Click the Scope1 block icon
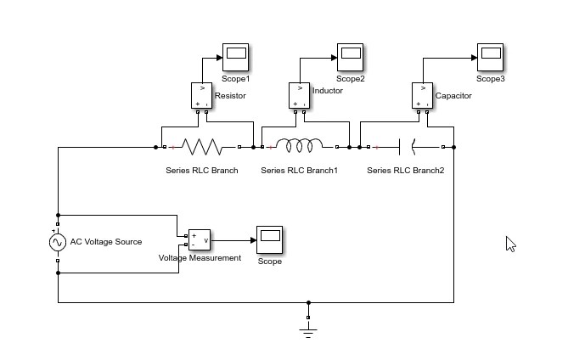pos(235,58)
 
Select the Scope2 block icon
pos(350,58)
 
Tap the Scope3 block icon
pos(490,58)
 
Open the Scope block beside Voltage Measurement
pos(270,240)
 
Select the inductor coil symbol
pos(300,147)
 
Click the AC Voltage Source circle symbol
pos(58,243)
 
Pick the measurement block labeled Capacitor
pos(423,95)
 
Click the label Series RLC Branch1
pos(299,171)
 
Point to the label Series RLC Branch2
pos(405,171)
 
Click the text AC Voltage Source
pos(106,242)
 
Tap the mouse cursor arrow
pos(509,243)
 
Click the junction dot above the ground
pos(308,301)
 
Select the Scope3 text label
pos(490,79)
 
